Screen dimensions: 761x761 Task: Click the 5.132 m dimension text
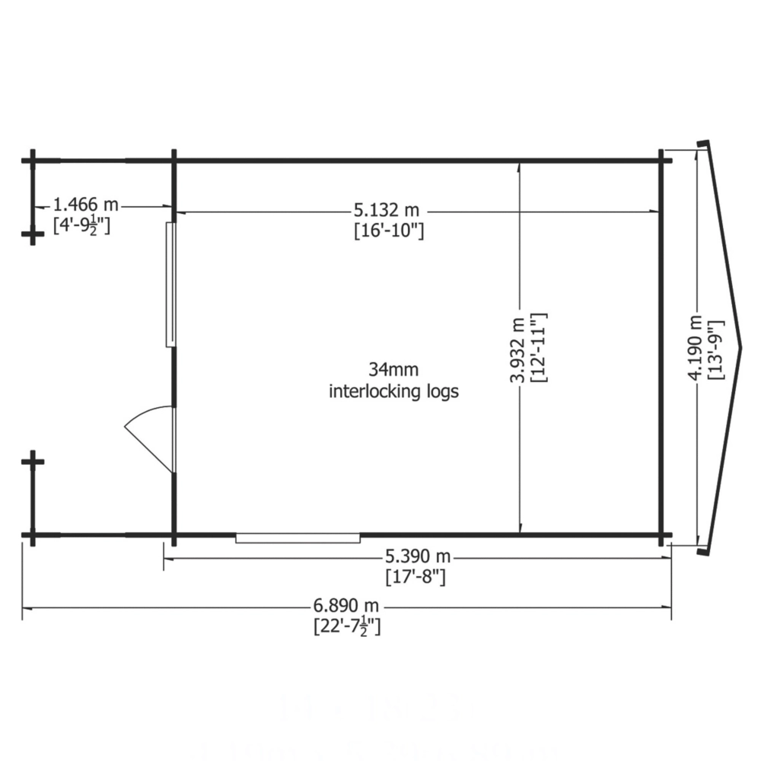(387, 210)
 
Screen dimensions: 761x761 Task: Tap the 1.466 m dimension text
(85, 204)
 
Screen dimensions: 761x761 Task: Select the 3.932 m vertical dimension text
(517, 350)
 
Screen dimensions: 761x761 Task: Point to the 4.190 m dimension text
(695, 348)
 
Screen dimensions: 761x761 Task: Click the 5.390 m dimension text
(418, 556)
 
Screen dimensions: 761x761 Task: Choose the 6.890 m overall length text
(346, 606)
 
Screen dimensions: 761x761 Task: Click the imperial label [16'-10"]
(389, 231)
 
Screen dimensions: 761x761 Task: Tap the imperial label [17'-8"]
(416, 577)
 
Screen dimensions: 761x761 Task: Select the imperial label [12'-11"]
(540, 348)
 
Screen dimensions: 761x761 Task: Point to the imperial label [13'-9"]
(716, 350)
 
